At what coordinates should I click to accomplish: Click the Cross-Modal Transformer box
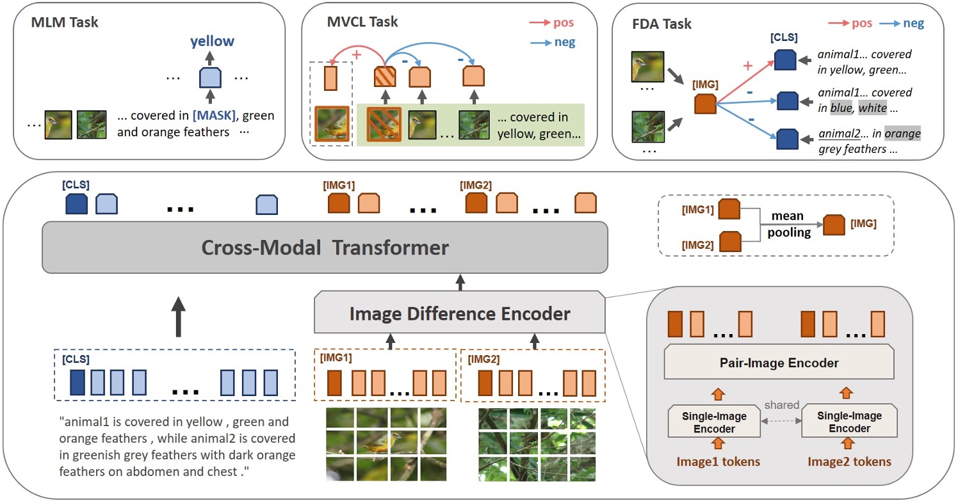(325, 248)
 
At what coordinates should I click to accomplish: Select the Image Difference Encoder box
(459, 314)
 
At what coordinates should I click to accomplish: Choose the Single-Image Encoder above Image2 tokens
(849, 422)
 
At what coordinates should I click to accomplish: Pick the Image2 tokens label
(849, 461)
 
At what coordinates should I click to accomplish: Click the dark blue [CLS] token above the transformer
(76, 204)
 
